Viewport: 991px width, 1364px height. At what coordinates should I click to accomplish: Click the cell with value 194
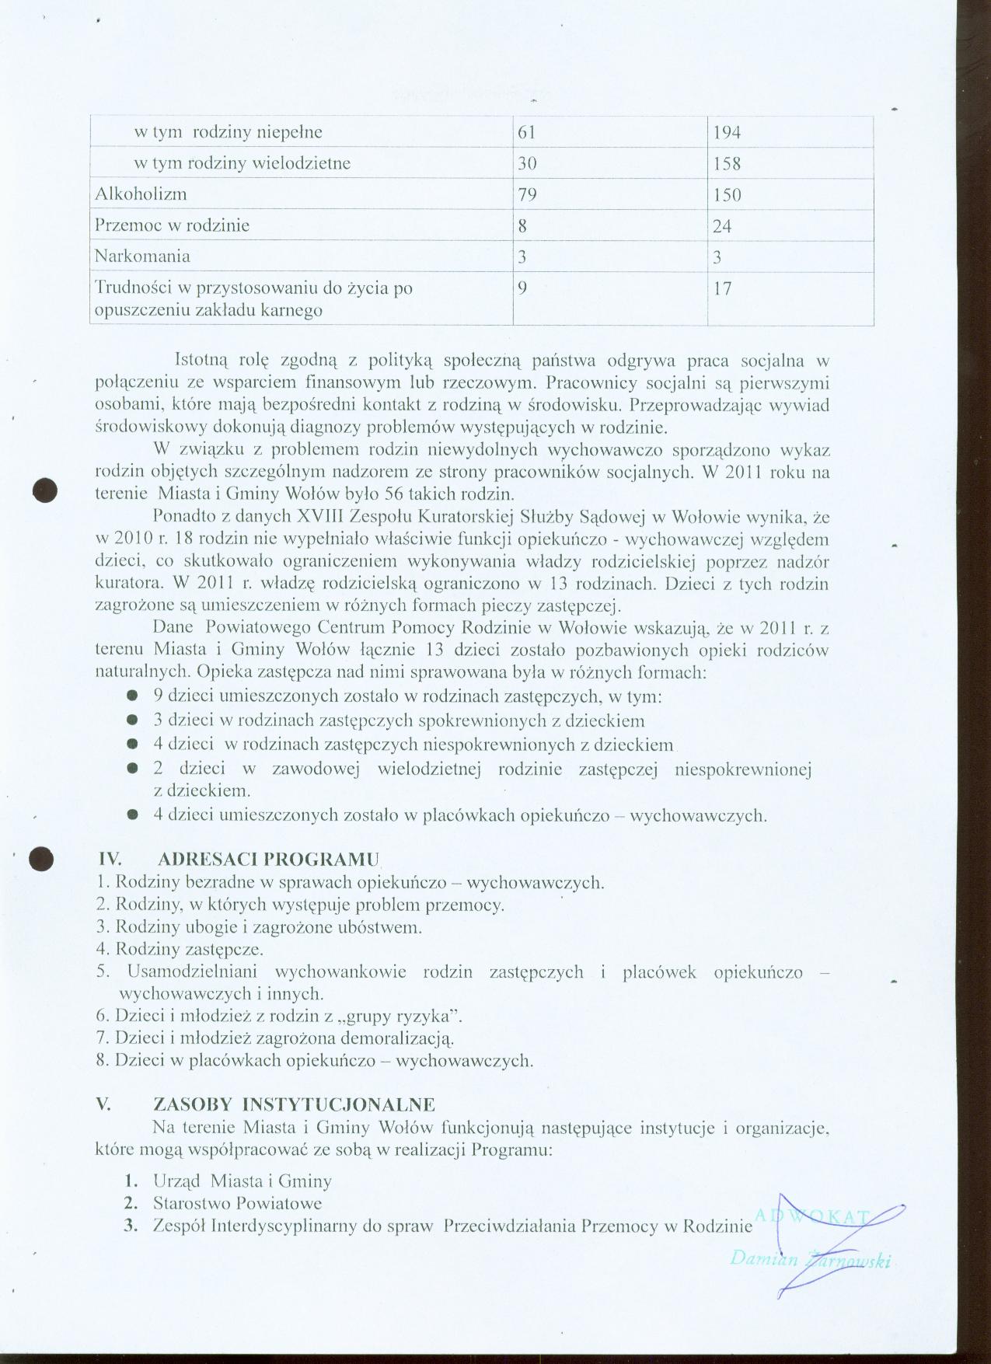pyautogui.click(x=727, y=133)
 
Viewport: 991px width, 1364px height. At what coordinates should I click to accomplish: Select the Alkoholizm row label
pyautogui.click(x=141, y=194)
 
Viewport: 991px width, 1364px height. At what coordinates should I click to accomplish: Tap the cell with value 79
pyautogui.click(x=527, y=194)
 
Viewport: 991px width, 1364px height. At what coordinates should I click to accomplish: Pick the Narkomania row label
pyautogui.click(x=142, y=256)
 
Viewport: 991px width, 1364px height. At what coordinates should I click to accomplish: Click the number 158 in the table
pyautogui.click(x=727, y=164)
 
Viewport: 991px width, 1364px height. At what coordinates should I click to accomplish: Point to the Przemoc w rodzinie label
pyautogui.click(x=172, y=225)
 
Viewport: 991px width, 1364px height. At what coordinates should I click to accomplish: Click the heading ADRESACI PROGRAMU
pyautogui.click(x=267, y=860)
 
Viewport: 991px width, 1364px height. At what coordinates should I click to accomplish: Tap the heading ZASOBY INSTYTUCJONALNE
pyautogui.click(x=295, y=1104)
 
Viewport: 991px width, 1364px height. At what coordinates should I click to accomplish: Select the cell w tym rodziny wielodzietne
pyautogui.click(x=242, y=163)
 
